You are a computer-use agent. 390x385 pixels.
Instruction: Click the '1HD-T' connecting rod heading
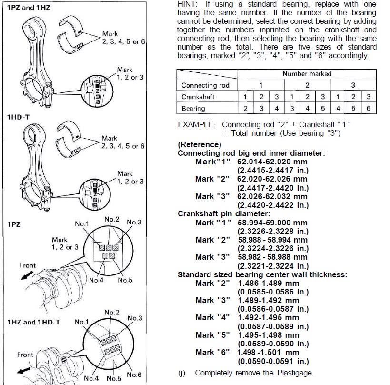click(17, 116)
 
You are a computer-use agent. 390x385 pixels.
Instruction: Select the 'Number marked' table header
click(307, 74)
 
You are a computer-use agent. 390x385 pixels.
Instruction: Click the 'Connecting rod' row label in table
click(205, 85)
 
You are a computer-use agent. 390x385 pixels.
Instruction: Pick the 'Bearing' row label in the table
click(193, 109)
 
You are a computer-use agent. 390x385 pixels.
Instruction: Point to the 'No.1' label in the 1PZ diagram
click(82, 223)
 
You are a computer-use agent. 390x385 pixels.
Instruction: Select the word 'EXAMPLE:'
click(196, 125)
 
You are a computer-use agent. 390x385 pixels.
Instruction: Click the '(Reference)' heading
click(200, 144)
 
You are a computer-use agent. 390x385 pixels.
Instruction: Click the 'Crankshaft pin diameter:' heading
click(224, 213)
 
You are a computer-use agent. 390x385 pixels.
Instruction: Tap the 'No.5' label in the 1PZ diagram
click(125, 280)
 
